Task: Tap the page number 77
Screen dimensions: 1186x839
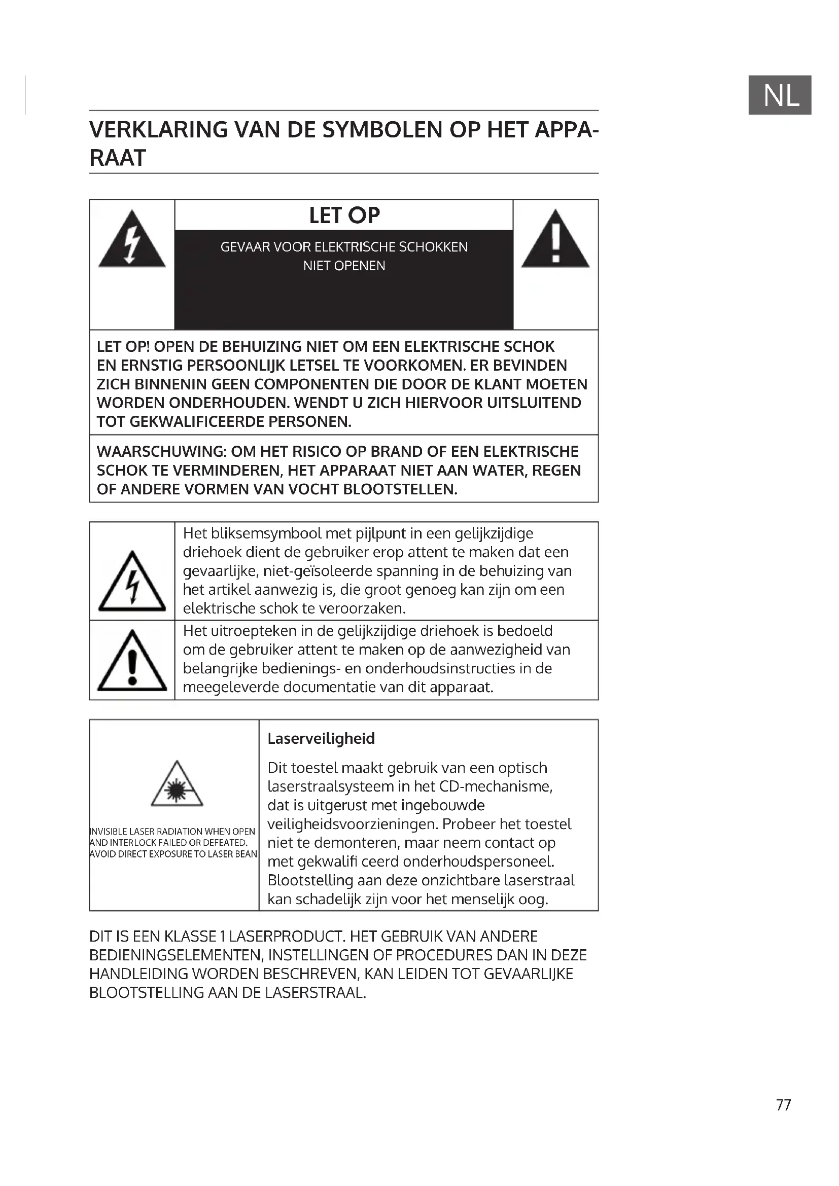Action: click(x=783, y=1104)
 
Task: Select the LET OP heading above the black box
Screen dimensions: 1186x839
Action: click(x=344, y=215)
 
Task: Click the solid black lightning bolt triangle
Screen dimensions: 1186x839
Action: click(x=132, y=241)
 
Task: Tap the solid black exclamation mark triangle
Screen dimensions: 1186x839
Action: click(x=555, y=241)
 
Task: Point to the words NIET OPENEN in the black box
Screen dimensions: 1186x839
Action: click(x=344, y=266)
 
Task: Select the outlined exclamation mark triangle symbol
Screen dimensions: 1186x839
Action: click(x=132, y=662)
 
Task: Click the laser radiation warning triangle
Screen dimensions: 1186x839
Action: click(x=177, y=785)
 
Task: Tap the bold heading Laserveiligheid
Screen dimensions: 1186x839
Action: click(x=321, y=739)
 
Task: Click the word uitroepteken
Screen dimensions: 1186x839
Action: click(x=243, y=631)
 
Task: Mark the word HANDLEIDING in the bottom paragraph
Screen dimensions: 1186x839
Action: click(x=138, y=974)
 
